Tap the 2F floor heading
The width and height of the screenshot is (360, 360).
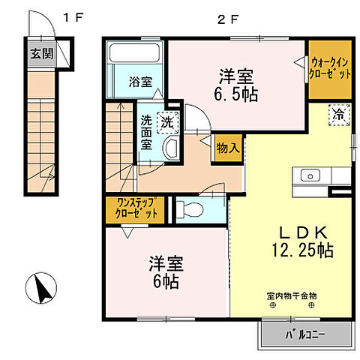click(226, 16)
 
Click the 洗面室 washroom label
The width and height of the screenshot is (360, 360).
click(146, 131)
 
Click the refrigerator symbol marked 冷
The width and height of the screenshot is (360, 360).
click(339, 115)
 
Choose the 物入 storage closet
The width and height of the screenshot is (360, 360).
click(227, 147)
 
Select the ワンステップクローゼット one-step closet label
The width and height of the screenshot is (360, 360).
click(137, 208)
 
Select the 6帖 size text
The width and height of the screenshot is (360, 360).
click(166, 282)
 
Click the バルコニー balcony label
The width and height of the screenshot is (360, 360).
click(306, 334)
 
